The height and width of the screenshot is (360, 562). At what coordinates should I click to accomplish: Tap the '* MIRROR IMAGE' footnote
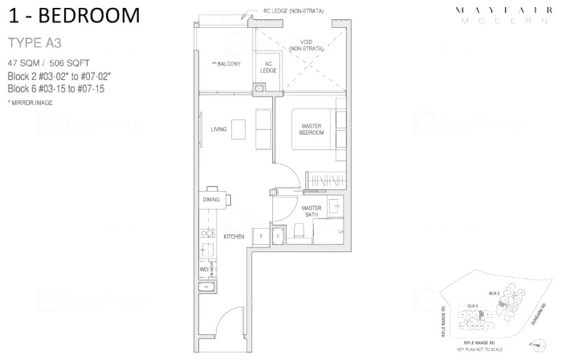tap(30, 102)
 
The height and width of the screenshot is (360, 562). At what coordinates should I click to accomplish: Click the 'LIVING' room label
tap(218, 129)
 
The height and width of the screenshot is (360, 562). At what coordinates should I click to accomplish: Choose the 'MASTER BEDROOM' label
tap(311, 129)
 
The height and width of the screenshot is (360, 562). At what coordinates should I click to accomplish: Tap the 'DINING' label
tap(211, 200)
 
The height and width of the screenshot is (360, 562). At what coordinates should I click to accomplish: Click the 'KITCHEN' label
tap(233, 237)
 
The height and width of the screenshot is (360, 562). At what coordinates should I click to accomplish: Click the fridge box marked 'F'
tap(261, 237)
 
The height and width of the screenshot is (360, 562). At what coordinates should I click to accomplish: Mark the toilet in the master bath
tap(299, 231)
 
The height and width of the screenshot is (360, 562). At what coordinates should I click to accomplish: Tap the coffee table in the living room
tap(240, 129)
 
